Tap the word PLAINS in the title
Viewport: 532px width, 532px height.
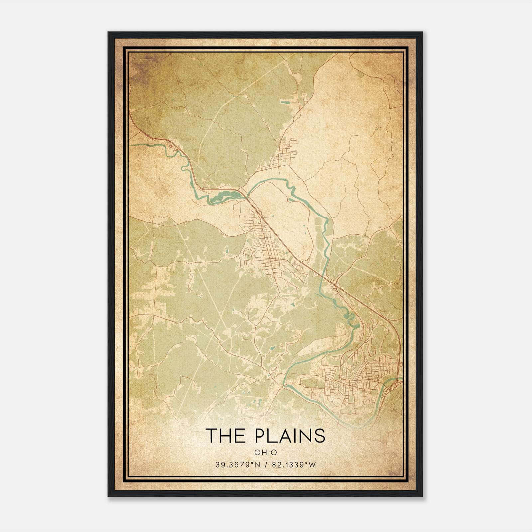point(290,436)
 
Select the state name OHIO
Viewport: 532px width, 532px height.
point(266,453)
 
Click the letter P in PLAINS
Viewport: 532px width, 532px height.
point(262,436)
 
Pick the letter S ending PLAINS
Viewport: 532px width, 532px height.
point(320,436)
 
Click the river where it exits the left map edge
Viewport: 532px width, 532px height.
point(130,145)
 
